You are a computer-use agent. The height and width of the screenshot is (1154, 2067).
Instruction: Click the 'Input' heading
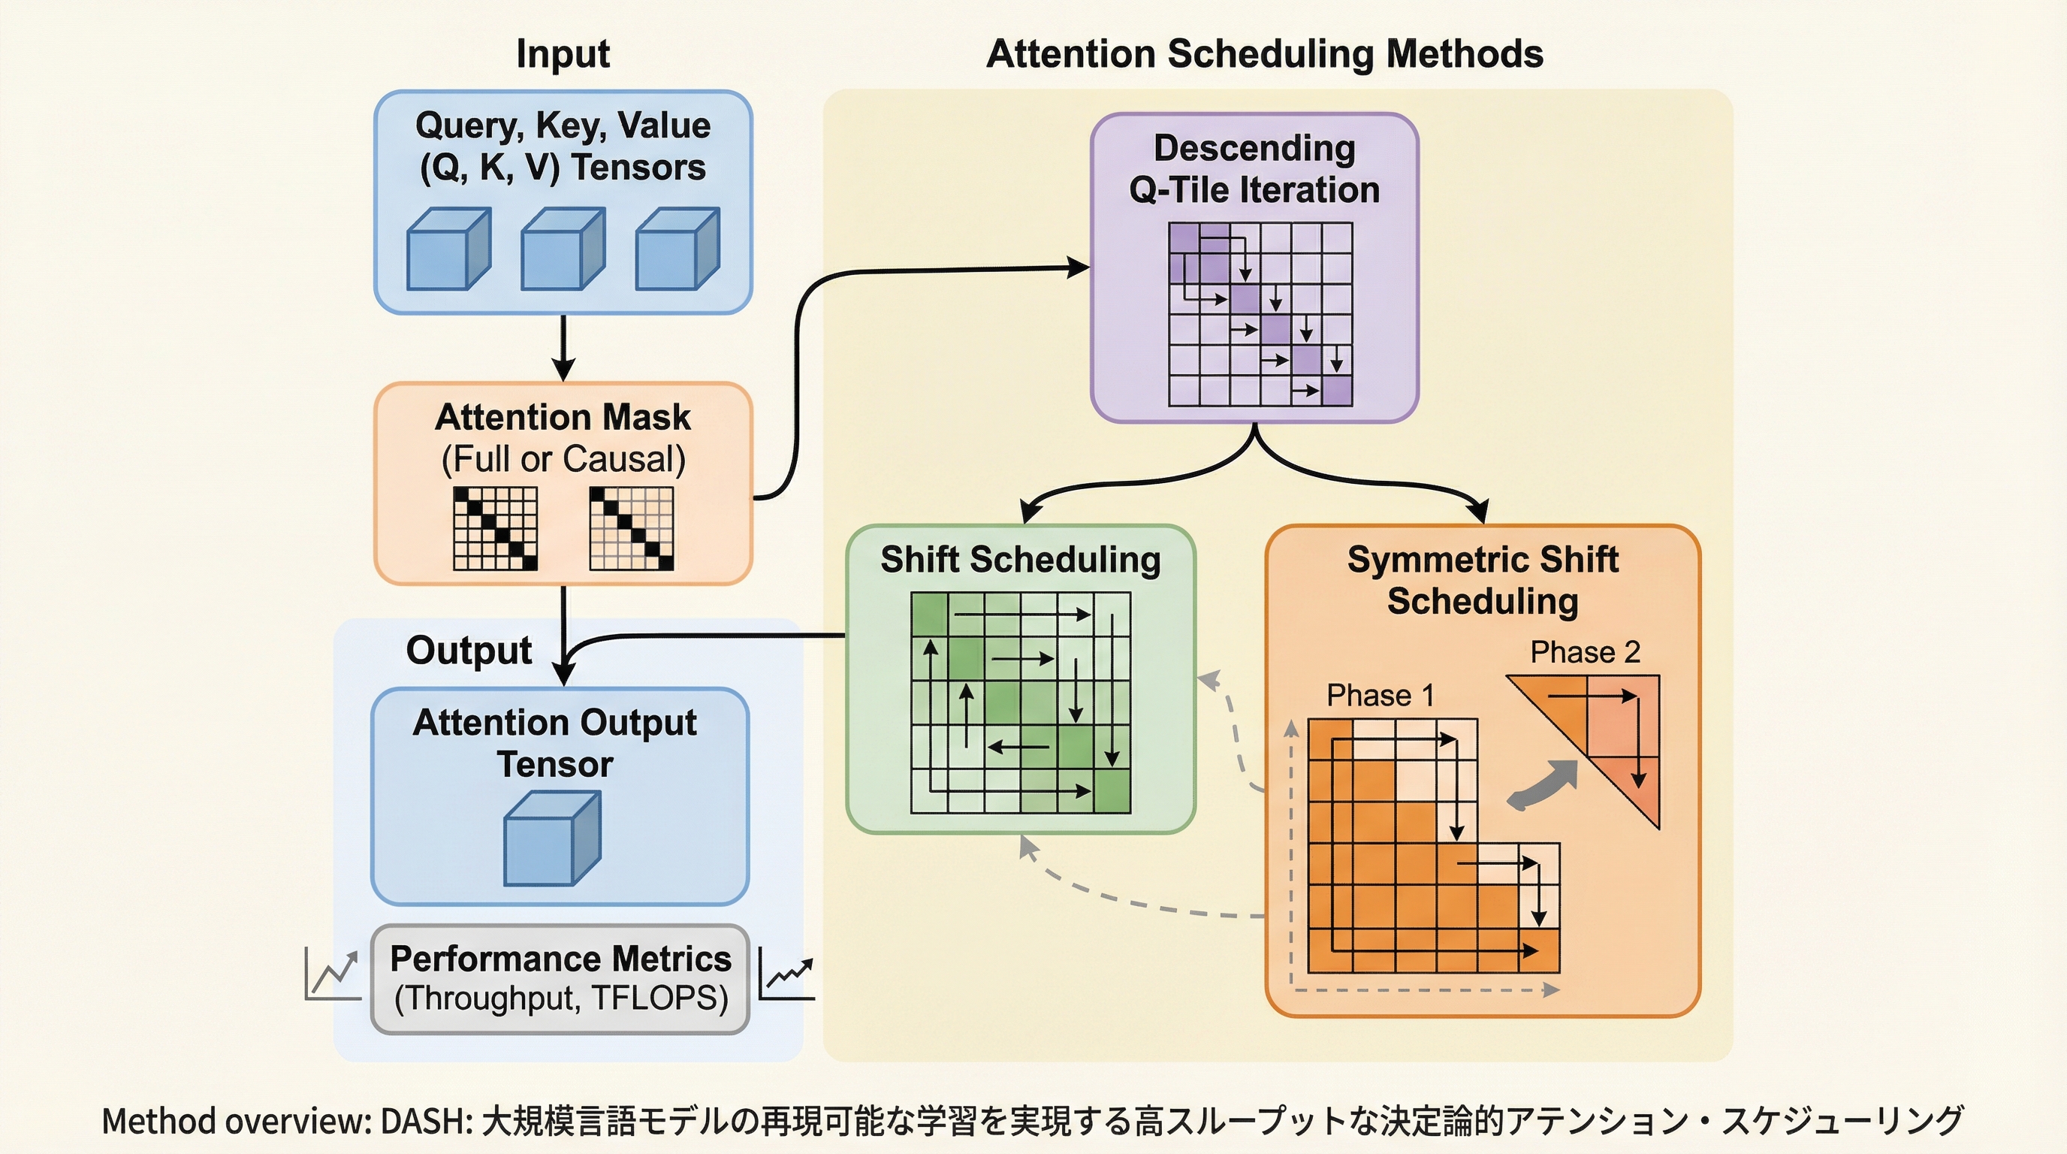(563, 55)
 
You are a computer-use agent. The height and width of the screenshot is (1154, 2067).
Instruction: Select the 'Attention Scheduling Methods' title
(1265, 55)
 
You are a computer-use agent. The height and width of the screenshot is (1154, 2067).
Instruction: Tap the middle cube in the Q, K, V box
(563, 249)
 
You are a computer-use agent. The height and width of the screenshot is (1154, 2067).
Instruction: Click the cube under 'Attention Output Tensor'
(552, 838)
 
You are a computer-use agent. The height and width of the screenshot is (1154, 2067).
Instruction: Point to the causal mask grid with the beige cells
(632, 529)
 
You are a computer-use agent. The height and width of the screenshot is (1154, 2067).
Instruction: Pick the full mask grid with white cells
(495, 529)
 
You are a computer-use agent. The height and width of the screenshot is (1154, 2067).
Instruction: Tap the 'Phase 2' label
(1585, 652)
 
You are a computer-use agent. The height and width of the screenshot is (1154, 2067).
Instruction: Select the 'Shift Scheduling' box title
(1020, 560)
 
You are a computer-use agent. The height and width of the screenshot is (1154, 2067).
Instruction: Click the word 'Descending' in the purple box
(1254, 149)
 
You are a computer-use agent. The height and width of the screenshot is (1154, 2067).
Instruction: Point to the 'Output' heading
(469, 651)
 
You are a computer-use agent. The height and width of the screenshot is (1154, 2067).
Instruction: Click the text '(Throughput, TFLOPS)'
(561, 998)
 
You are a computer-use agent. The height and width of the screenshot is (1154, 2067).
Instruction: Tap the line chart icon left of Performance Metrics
(332, 974)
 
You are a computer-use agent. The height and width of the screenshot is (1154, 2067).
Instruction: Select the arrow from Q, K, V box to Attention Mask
(563, 348)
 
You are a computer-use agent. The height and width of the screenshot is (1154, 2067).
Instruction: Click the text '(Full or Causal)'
(563, 459)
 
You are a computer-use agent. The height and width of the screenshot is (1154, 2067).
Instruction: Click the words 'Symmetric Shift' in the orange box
(1482, 560)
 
